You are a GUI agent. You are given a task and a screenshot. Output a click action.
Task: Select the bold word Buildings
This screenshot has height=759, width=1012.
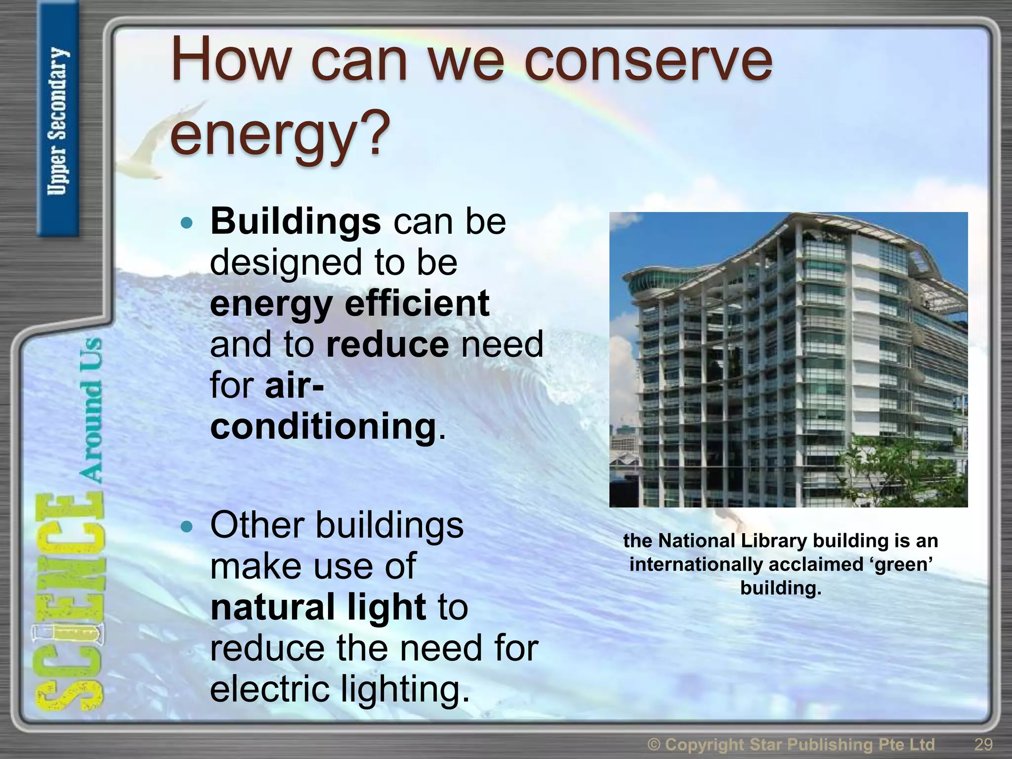[295, 221]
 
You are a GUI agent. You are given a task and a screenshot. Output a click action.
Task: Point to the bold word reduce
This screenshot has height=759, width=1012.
[387, 344]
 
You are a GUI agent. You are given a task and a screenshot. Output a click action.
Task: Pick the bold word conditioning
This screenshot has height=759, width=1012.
[324, 426]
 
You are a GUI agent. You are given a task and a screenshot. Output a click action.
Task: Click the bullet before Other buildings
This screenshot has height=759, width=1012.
[186, 527]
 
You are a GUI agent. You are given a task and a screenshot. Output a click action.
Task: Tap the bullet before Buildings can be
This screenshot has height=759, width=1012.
[186, 223]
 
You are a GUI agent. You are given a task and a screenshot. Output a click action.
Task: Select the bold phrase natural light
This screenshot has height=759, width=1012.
[318, 607]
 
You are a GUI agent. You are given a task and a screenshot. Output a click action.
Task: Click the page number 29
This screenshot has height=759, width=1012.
[983, 744]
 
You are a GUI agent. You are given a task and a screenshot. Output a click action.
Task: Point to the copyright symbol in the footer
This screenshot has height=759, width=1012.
[654, 744]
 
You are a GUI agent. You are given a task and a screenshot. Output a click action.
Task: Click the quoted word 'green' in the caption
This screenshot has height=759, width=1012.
[901, 564]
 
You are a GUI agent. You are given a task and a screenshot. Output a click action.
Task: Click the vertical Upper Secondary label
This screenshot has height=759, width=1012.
[58, 121]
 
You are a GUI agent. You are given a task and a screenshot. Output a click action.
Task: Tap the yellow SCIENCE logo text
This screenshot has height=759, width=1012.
[69, 603]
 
